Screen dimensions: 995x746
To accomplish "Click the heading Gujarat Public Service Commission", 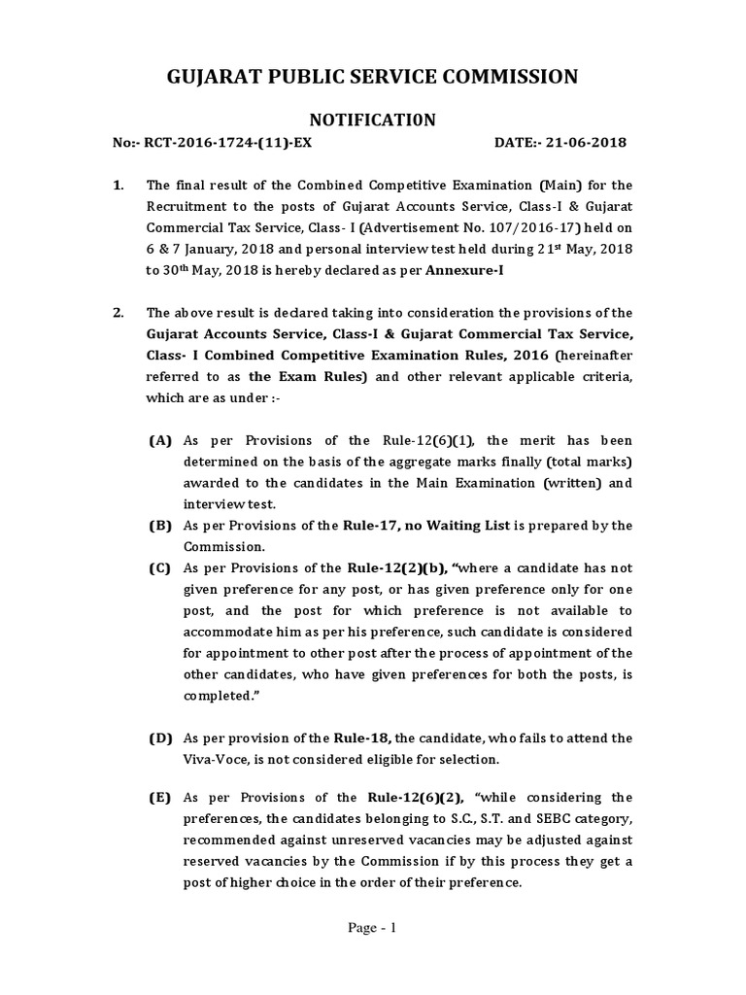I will (x=373, y=77).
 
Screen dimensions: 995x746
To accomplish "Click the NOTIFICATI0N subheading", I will (x=373, y=120).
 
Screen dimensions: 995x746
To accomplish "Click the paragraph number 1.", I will (x=118, y=185).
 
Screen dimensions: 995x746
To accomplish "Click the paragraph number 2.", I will (x=118, y=312).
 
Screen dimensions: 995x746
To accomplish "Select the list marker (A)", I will (x=159, y=440).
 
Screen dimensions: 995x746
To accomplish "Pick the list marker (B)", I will (x=159, y=526).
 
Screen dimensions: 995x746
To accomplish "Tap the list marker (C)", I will (x=159, y=567).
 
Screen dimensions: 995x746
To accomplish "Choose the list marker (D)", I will (x=159, y=738).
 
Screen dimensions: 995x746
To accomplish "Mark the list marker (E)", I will (x=159, y=798).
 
